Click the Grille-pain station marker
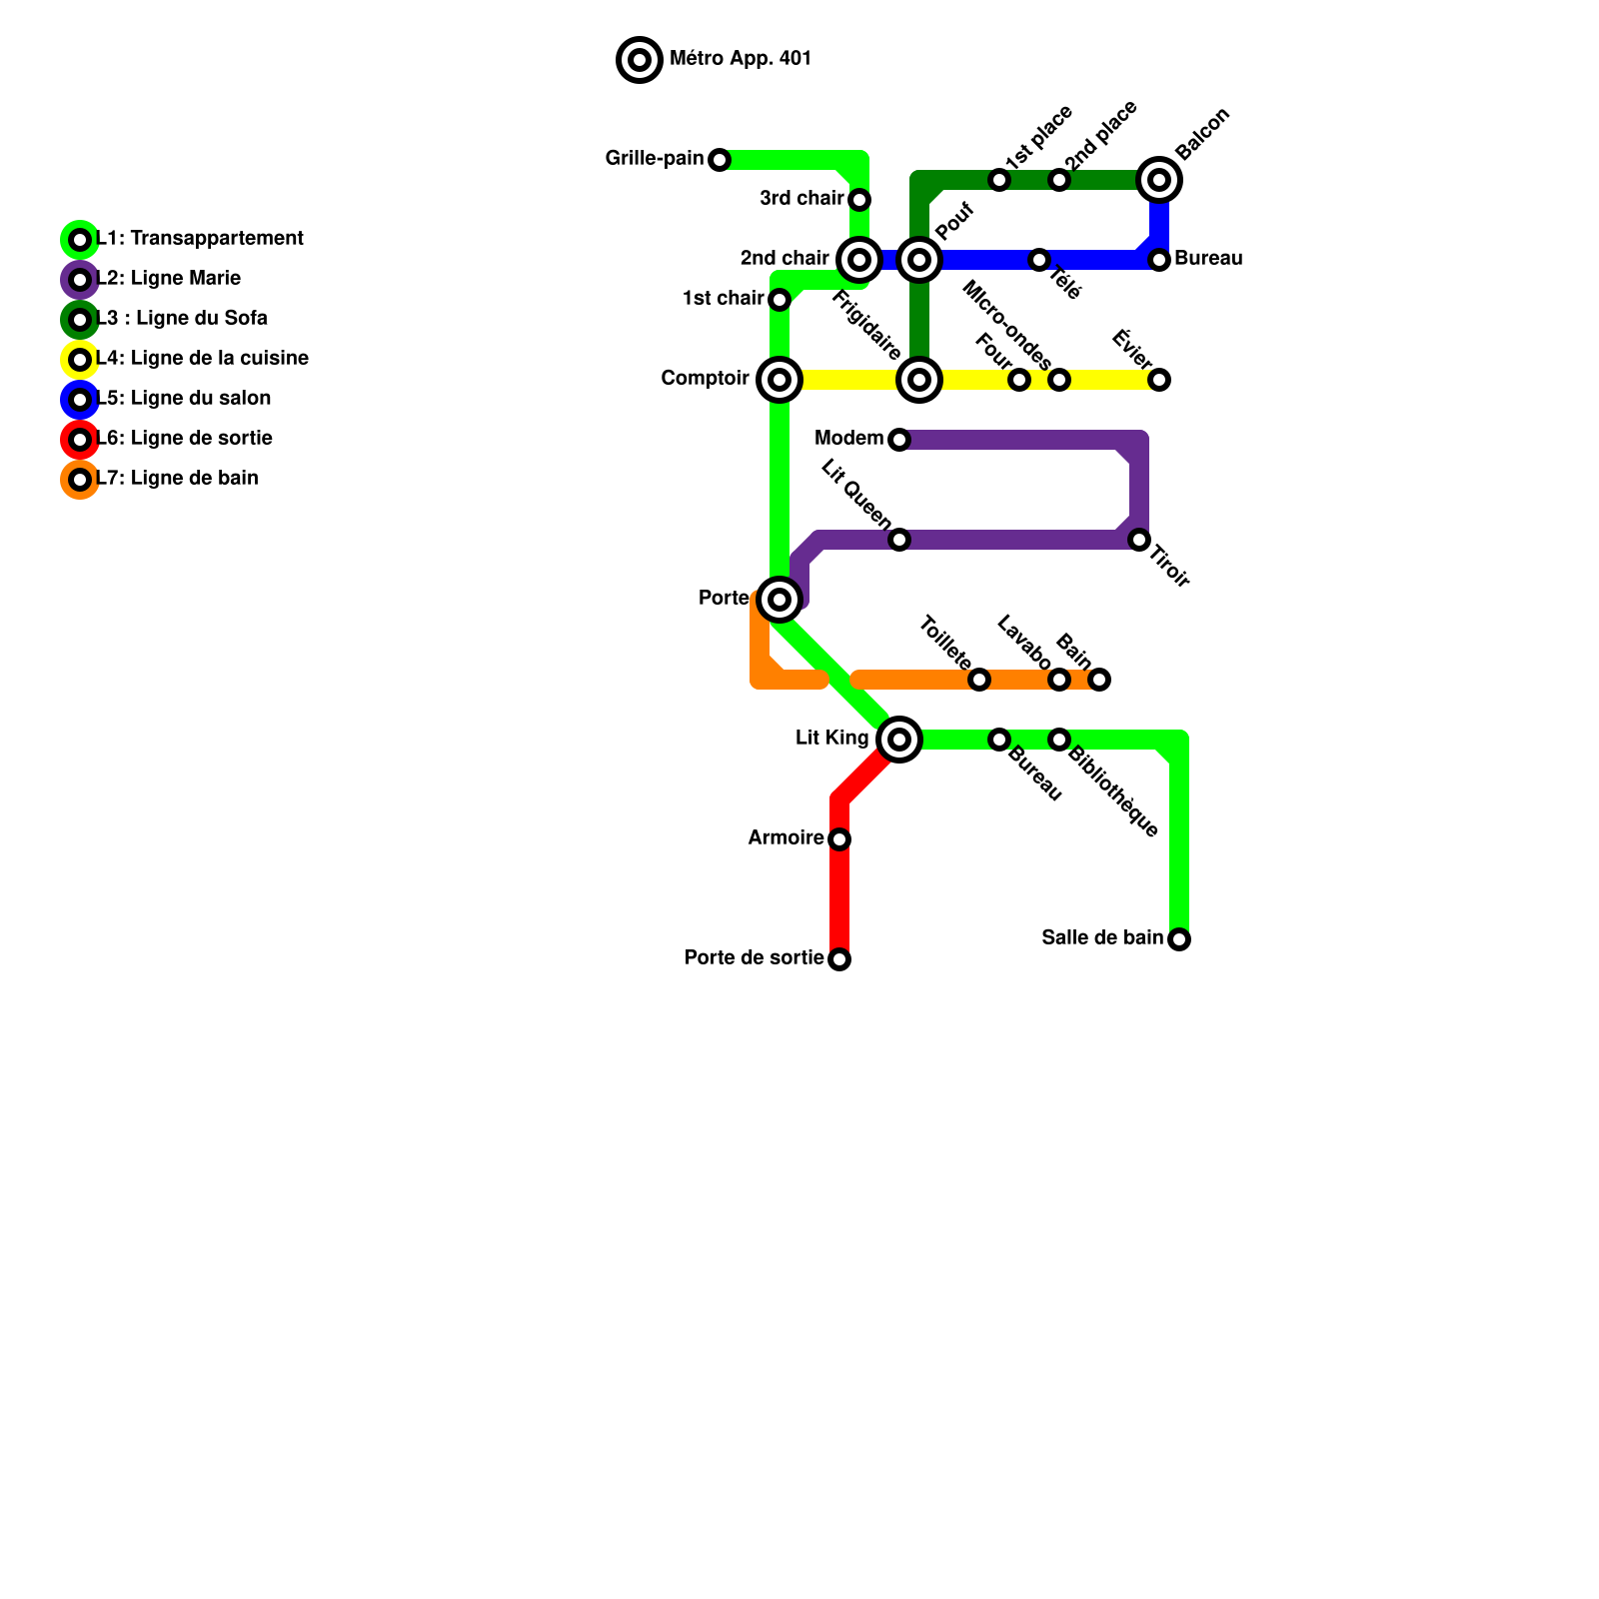pyautogui.click(x=720, y=160)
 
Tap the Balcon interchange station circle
pyautogui.click(x=1159, y=180)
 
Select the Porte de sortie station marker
pyautogui.click(x=839, y=959)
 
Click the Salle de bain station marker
pyautogui.click(x=1179, y=939)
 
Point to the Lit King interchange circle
pyautogui.click(x=899, y=740)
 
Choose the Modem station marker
pyautogui.click(x=899, y=440)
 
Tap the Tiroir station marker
pyautogui.click(x=1139, y=540)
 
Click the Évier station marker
pyautogui.click(x=1159, y=380)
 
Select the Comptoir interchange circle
pyautogui.click(x=780, y=380)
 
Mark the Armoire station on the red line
pyautogui.click(x=839, y=839)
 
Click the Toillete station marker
pyautogui.click(x=979, y=680)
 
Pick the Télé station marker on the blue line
pyautogui.click(x=1039, y=260)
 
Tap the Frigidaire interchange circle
pyautogui.click(x=919, y=380)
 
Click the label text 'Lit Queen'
pyautogui.click(x=856, y=494)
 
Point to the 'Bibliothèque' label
pyautogui.click(x=1113, y=793)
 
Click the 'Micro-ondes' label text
pyautogui.click(x=1006, y=325)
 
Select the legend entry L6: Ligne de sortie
pyautogui.click(x=184, y=439)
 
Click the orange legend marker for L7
pyautogui.click(x=80, y=480)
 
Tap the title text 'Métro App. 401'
pyautogui.click(x=740, y=59)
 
